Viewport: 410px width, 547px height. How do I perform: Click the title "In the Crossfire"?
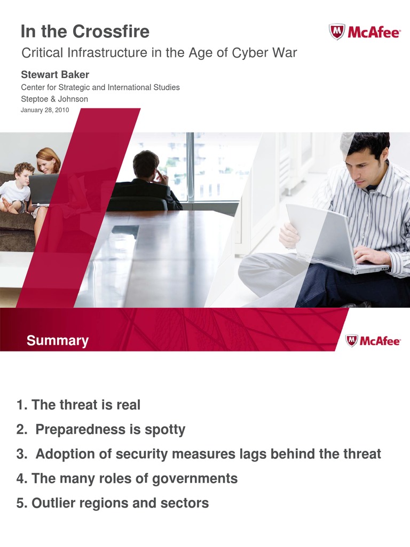(x=85, y=32)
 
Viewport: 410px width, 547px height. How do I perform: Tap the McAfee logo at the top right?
(x=365, y=33)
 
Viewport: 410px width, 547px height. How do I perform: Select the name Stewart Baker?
(x=55, y=75)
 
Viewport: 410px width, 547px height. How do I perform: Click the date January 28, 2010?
(x=45, y=110)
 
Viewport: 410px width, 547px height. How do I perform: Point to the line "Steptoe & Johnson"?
(x=54, y=99)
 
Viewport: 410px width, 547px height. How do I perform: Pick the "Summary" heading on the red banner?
(x=58, y=341)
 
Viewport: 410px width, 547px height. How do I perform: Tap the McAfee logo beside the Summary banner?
(x=373, y=341)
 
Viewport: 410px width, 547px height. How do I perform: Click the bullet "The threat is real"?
(x=85, y=405)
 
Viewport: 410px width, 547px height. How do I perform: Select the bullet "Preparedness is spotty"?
(x=110, y=429)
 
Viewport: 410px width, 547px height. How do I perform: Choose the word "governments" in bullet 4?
(x=195, y=479)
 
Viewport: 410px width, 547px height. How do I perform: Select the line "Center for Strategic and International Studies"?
(x=100, y=87)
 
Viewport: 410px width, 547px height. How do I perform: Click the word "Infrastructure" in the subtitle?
(x=105, y=53)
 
